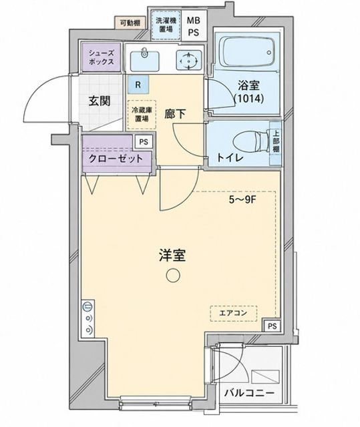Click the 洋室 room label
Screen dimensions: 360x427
tap(172, 256)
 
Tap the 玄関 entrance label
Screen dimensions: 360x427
tap(100, 101)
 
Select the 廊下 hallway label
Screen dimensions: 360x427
tap(175, 114)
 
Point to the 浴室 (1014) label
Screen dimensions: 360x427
tap(248, 92)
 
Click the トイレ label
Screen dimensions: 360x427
tap(230, 157)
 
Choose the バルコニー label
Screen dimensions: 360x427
tap(249, 393)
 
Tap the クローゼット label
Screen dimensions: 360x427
tap(116, 158)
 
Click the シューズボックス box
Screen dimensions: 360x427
tap(102, 57)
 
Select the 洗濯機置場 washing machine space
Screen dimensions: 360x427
tap(166, 25)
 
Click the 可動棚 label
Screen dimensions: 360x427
tap(130, 23)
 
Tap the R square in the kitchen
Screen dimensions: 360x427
tap(138, 85)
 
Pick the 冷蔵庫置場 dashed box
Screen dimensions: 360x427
tap(142, 114)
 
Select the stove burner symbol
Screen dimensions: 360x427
tap(188, 61)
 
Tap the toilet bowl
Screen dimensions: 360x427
tap(251, 143)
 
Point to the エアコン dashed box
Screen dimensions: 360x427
tap(234, 313)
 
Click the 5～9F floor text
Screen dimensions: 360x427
tap(242, 200)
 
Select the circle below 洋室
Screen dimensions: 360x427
tap(173, 276)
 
